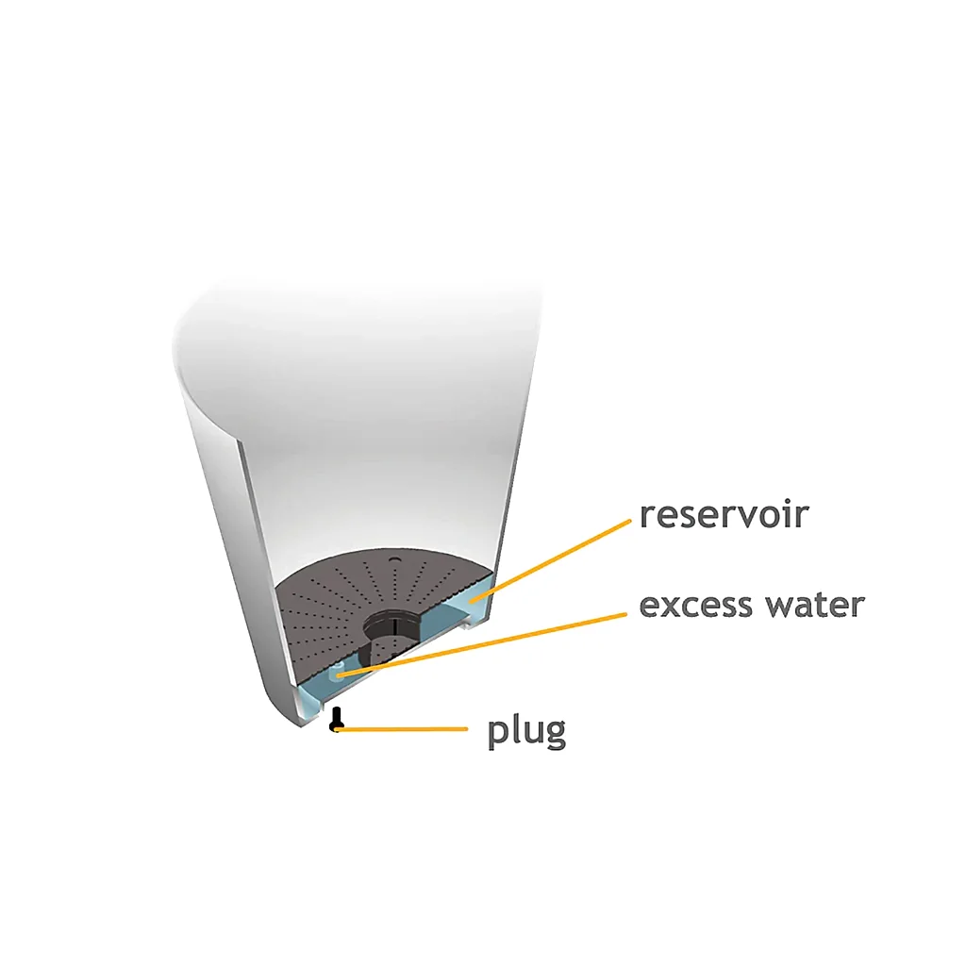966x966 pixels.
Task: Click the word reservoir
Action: click(724, 515)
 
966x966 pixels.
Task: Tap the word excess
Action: click(695, 606)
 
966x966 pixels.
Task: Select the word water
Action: click(814, 605)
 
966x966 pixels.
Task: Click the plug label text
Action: click(526, 732)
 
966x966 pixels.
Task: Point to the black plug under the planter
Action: click(336, 719)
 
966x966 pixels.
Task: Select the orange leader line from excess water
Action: click(481, 644)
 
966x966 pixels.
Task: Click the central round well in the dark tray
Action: click(392, 625)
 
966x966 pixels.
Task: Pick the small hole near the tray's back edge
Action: click(395, 559)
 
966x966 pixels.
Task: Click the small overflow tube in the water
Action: click(337, 671)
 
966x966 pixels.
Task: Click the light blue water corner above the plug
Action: click(309, 702)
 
